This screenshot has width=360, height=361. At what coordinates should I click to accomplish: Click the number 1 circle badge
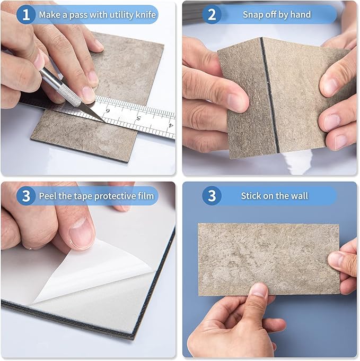tap(25, 14)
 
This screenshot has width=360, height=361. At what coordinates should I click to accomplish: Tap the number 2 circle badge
tap(212, 14)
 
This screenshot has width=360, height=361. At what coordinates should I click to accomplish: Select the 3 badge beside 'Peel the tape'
tap(25, 196)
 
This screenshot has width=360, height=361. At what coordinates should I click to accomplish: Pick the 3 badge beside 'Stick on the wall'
tap(212, 196)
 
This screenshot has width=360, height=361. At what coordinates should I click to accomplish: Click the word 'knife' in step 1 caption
tap(145, 15)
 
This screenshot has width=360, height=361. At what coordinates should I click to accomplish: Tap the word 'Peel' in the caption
tap(48, 196)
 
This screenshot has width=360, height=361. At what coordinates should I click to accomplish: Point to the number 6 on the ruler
tap(108, 110)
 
